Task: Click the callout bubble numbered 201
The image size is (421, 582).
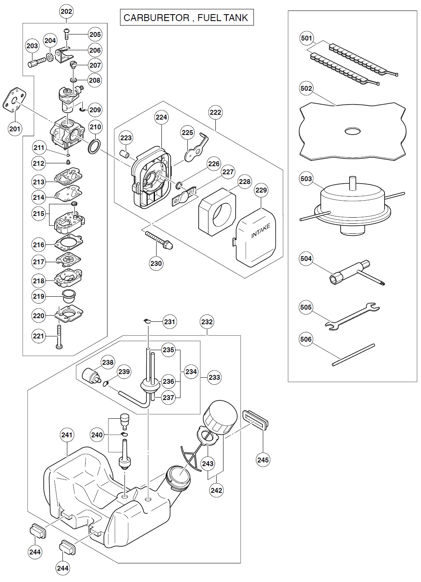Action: pyautogui.click(x=15, y=128)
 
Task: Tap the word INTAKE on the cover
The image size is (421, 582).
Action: pyautogui.click(x=260, y=231)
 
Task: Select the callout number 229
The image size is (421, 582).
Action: pyautogui.click(x=261, y=190)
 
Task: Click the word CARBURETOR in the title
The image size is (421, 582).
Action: pyautogui.click(x=156, y=18)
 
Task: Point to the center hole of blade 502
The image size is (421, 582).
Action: pyautogui.click(x=352, y=131)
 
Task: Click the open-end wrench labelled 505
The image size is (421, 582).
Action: pyautogui.click(x=352, y=316)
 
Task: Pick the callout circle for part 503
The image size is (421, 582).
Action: pyautogui.click(x=306, y=179)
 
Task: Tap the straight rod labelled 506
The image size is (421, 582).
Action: pyautogui.click(x=353, y=355)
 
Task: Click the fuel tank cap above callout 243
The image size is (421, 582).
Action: pyautogui.click(x=220, y=417)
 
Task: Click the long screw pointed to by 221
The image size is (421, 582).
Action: pyautogui.click(x=59, y=336)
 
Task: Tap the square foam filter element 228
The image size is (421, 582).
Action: pyautogui.click(x=217, y=212)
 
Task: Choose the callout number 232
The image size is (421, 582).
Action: pyautogui.click(x=207, y=322)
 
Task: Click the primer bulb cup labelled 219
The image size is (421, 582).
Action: pyautogui.click(x=69, y=296)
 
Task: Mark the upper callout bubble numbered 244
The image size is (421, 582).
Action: pyautogui.click(x=35, y=552)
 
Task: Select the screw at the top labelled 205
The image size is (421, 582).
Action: pyautogui.click(x=66, y=34)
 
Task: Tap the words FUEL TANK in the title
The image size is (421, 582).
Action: pyautogui.click(x=223, y=18)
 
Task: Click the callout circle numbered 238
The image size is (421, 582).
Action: pyautogui.click(x=108, y=362)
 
